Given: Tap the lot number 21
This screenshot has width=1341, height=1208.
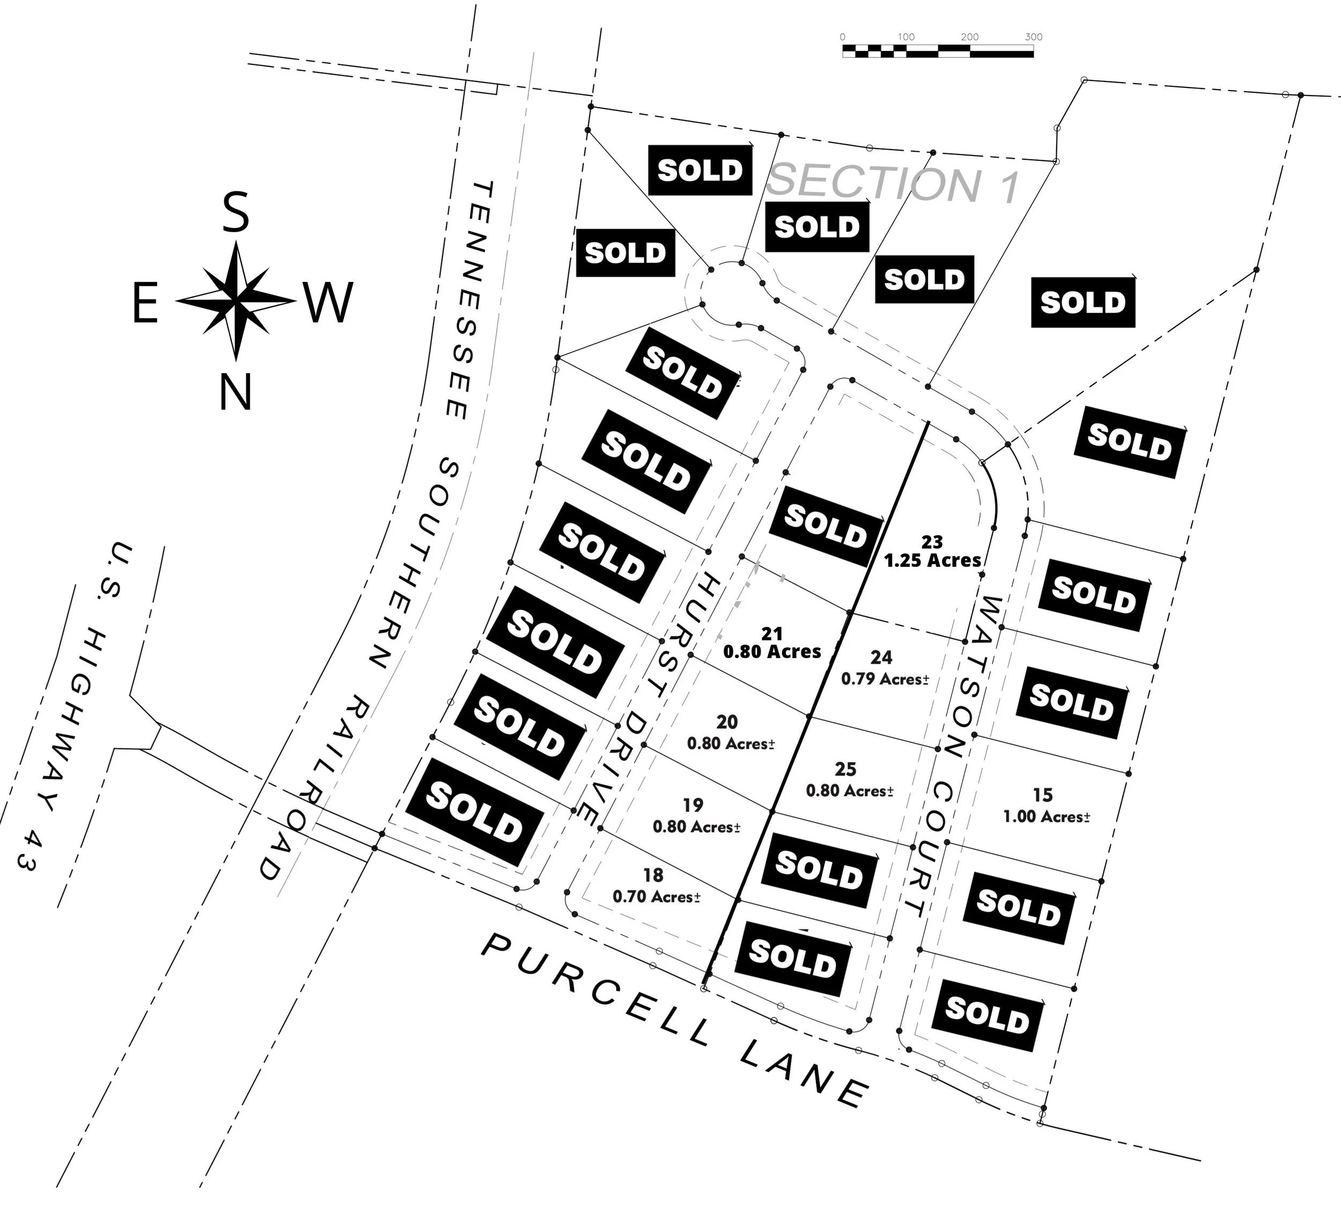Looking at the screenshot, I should (771, 633).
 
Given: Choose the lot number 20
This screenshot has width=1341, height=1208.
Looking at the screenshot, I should (727, 722).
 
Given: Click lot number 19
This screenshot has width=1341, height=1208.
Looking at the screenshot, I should (692, 804).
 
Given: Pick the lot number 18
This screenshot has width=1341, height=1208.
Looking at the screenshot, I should (653, 875).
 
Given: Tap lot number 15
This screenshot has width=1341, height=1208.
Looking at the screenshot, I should (1042, 794).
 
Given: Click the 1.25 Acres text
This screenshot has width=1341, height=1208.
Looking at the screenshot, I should (932, 560).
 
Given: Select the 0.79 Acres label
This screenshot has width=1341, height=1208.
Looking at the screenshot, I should (885, 679).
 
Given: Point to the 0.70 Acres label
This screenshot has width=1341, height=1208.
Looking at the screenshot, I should (656, 896).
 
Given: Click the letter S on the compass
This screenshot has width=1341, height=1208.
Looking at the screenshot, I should (235, 212).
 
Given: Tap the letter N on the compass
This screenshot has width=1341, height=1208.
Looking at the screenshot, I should (235, 392).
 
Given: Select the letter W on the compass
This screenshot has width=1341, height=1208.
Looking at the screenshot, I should (329, 302).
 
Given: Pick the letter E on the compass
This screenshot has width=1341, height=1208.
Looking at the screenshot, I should (145, 306).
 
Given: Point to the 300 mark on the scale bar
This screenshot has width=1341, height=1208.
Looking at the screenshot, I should (1033, 37).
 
